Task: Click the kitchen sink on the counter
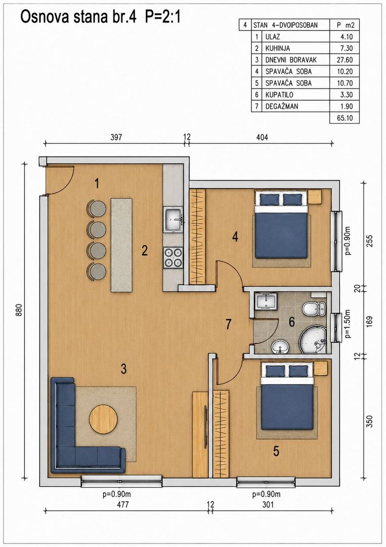(173, 219)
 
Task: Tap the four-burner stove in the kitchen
(173, 257)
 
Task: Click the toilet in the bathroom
(314, 308)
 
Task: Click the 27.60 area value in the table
(345, 60)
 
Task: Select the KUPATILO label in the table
(279, 95)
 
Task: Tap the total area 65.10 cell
(345, 118)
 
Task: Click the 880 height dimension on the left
(19, 310)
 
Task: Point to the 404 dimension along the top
(262, 137)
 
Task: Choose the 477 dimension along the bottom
(123, 504)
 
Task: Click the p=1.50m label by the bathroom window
(348, 323)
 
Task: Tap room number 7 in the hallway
(228, 325)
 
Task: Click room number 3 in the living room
(123, 369)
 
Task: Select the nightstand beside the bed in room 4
(315, 197)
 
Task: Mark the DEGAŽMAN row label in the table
(281, 106)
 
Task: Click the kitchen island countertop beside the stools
(121, 245)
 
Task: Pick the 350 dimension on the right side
(370, 421)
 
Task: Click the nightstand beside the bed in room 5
(321, 368)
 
